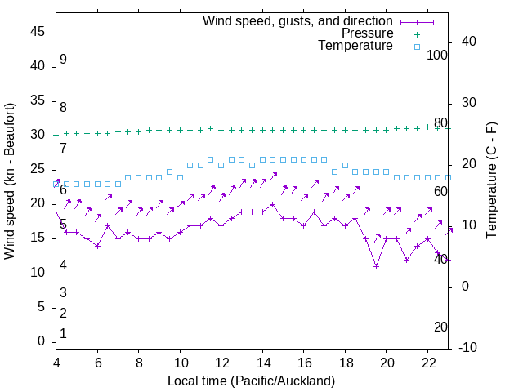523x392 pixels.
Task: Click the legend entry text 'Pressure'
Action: click(x=367, y=33)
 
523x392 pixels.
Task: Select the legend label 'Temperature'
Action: click(x=355, y=47)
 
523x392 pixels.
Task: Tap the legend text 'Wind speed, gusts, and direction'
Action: click(x=297, y=20)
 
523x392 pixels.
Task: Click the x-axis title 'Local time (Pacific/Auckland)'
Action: click(x=251, y=381)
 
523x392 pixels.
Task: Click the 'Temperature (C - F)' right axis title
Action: click(x=491, y=181)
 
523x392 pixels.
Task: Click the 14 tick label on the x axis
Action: click(x=262, y=363)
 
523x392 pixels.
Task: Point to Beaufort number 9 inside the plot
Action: click(x=63, y=60)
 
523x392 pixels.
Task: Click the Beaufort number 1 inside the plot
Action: click(x=63, y=333)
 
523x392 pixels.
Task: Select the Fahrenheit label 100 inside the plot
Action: click(x=437, y=56)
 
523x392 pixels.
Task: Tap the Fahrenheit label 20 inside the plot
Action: click(x=440, y=327)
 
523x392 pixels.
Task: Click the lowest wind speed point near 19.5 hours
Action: click(x=376, y=266)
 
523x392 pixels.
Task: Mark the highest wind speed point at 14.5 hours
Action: click(x=273, y=205)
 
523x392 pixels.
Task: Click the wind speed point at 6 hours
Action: click(x=97, y=246)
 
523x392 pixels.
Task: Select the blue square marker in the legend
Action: click(x=417, y=47)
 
